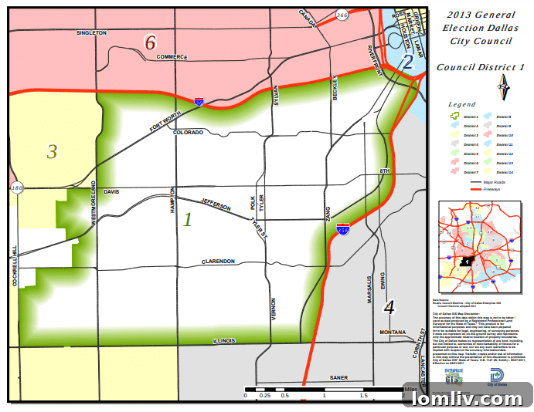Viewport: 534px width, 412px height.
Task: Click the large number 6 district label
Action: tap(151, 42)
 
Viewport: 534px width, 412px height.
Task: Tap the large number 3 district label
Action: tap(52, 151)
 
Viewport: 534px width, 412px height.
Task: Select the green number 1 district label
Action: tap(187, 219)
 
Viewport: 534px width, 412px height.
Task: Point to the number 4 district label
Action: tap(389, 307)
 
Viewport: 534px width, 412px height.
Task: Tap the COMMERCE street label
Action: tap(172, 57)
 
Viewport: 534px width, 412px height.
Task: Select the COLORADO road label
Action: tap(188, 133)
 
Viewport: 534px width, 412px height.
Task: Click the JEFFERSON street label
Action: tap(216, 204)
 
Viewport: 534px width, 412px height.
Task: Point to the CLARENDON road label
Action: tap(218, 262)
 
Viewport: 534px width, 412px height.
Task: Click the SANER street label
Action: tap(339, 378)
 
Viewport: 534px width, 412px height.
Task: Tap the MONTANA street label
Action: tap(393, 333)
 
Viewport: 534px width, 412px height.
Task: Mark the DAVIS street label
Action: tap(113, 191)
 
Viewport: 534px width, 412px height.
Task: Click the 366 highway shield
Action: tap(341, 14)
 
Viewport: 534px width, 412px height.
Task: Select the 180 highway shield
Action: tap(16, 187)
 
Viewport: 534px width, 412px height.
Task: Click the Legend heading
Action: tap(462, 103)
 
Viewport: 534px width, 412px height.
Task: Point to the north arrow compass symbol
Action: tap(503, 86)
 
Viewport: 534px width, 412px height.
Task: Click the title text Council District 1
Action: tap(480, 67)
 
